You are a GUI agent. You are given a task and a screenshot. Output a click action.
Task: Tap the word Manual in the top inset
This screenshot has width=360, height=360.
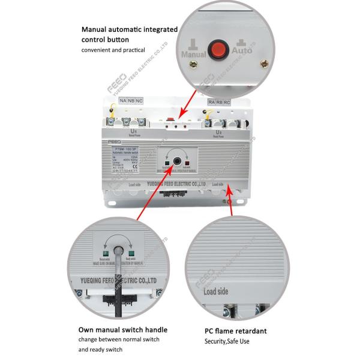coord(193,54)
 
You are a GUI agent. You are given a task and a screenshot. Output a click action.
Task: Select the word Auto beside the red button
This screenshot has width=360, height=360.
coord(242,54)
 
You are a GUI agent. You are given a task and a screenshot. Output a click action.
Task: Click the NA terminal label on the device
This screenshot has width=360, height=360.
coord(124,101)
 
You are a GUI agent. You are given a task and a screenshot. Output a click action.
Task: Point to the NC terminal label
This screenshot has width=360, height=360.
coord(140,101)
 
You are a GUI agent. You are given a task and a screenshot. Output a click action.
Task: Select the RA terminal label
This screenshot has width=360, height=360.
coord(211,102)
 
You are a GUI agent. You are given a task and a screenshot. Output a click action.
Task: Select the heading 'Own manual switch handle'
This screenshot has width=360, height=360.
coord(122,329)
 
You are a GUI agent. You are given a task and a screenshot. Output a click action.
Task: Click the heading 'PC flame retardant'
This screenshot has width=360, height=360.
coord(236,331)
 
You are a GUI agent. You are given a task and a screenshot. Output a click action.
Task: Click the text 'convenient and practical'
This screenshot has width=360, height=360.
coord(113,50)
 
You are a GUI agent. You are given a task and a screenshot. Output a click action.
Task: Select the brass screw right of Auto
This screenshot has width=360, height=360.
coord(263,64)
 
